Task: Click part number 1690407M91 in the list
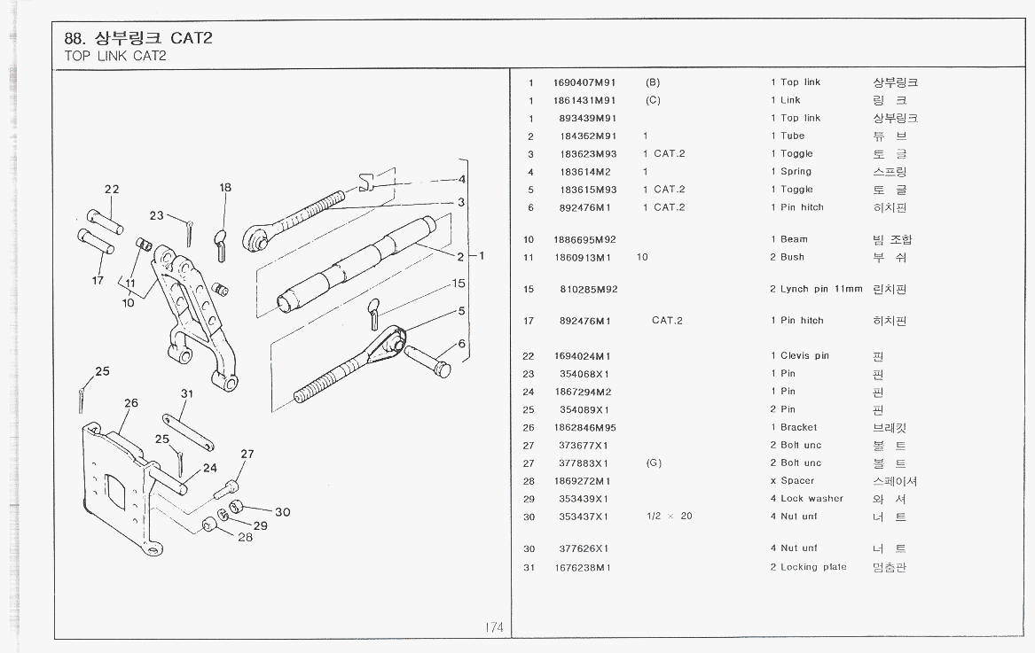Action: coord(584,82)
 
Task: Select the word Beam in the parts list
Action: coord(794,239)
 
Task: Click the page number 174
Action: coord(494,627)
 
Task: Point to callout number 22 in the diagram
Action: coord(112,189)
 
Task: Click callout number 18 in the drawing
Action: coord(225,188)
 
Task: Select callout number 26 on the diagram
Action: coord(131,403)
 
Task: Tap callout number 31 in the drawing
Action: coord(187,393)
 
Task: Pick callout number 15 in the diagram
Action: coord(459,284)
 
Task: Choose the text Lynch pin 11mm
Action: coord(821,289)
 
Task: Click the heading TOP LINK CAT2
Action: coord(115,57)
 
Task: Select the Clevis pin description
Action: coord(804,356)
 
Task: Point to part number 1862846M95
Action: coord(584,427)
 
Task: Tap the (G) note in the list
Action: coord(654,463)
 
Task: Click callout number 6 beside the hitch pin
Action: coord(461,344)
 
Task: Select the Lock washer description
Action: coord(812,499)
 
